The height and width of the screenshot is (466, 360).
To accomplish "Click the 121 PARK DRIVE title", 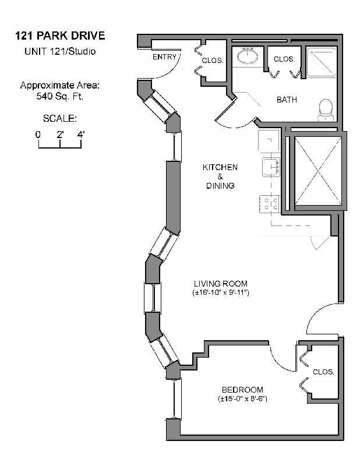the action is pyautogui.click(x=60, y=36).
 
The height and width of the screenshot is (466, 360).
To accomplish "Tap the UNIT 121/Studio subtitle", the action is pyautogui.click(x=60, y=51).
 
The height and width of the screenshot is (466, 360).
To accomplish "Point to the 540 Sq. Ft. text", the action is pyautogui.click(x=60, y=96).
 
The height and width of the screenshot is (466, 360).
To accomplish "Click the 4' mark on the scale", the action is pyautogui.click(x=81, y=135).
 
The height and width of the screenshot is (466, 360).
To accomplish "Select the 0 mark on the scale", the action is pyautogui.click(x=38, y=135).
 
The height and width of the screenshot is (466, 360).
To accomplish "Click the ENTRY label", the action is pyautogui.click(x=164, y=57).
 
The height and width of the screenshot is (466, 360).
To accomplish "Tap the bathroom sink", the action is pyautogui.click(x=248, y=55).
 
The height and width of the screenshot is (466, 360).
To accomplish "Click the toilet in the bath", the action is pyautogui.click(x=326, y=110).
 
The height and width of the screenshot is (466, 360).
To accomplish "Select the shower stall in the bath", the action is pyautogui.click(x=322, y=62).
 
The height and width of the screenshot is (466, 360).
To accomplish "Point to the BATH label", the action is pyautogui.click(x=287, y=100).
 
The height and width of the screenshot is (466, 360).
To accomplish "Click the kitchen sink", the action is pyautogui.click(x=271, y=167).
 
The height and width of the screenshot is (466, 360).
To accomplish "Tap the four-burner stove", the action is pyautogui.click(x=270, y=204).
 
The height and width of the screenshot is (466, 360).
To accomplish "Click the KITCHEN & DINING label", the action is pyautogui.click(x=220, y=176).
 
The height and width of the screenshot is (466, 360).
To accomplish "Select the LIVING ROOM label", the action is pyautogui.click(x=221, y=284).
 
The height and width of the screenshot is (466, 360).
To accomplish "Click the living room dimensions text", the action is pyautogui.click(x=221, y=293).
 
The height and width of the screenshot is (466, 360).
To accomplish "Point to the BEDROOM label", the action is pyautogui.click(x=242, y=390).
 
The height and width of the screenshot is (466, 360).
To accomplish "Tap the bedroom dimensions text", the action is pyautogui.click(x=242, y=399).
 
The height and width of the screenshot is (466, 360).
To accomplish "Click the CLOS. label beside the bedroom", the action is pyautogui.click(x=324, y=372).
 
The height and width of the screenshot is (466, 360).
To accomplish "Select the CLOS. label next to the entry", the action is pyautogui.click(x=213, y=61).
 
